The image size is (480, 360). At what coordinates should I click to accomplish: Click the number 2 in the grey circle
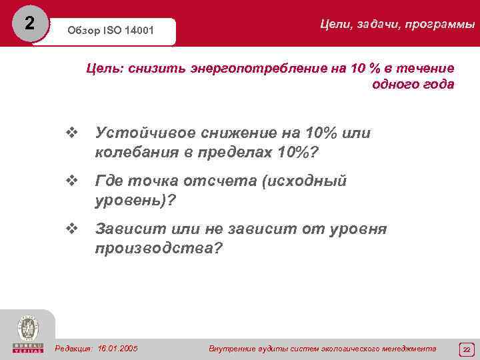click(28, 23)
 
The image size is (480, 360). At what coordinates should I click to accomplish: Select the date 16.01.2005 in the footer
click(117, 349)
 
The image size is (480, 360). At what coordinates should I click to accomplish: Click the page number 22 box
click(467, 349)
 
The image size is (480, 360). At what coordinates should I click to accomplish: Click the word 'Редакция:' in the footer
click(74, 349)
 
